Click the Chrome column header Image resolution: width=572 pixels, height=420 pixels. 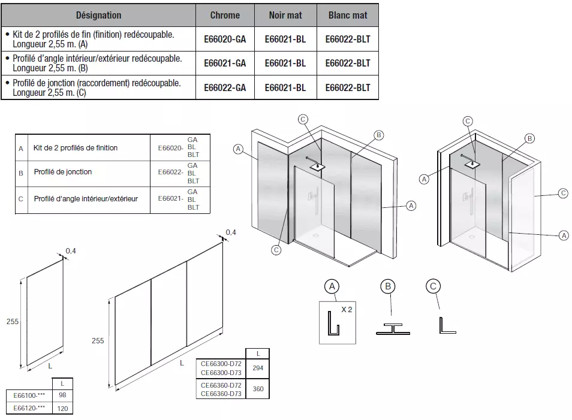click(225, 15)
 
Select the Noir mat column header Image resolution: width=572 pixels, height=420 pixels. click(285, 15)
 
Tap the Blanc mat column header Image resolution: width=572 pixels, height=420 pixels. click(348, 15)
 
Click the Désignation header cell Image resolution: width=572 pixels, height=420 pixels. click(98, 15)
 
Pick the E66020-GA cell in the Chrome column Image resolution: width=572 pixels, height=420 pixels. click(225, 39)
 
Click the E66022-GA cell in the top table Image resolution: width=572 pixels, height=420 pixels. click(225, 87)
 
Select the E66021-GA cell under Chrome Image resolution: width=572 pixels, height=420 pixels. click(225, 63)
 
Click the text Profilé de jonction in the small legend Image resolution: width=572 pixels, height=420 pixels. click(63, 172)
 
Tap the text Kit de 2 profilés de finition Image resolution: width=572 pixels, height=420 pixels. click(76, 148)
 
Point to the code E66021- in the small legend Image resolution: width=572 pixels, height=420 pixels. click(170, 198)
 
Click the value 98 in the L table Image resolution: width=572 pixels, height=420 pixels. click(62, 395)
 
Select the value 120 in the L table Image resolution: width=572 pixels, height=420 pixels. click(62, 409)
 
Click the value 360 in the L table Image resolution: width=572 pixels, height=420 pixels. click(258, 389)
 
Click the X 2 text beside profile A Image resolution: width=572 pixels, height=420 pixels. click(347, 310)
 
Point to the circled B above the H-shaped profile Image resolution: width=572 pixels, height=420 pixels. click(389, 287)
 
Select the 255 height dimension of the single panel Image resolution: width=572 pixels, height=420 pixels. click(13, 322)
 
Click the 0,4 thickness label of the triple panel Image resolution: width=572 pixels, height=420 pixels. click(231, 232)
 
